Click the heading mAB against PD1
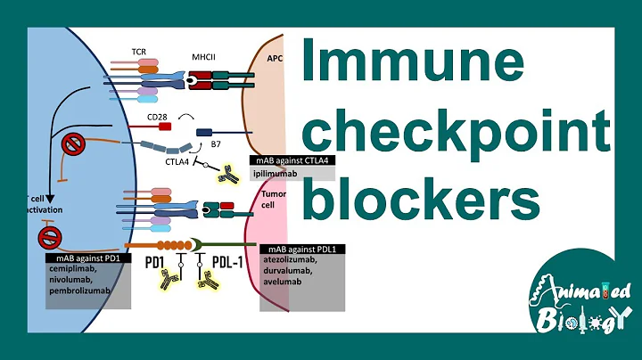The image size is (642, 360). tap(83, 258)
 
